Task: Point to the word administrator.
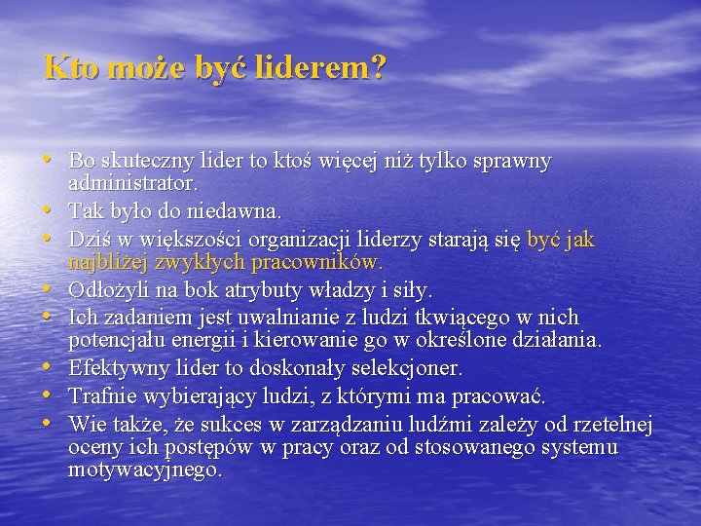133,183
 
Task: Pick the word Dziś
89,239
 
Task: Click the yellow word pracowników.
317,263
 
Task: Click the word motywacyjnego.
145,470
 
